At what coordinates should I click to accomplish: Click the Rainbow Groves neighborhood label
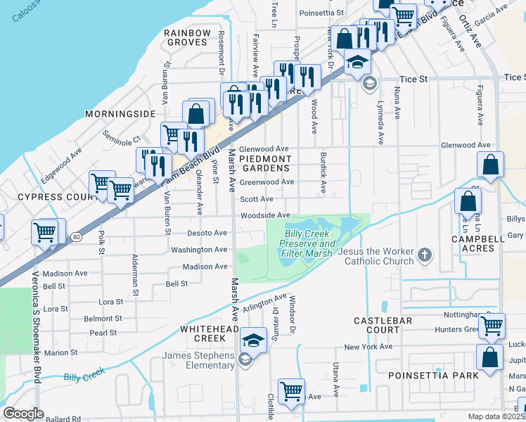coord(187,37)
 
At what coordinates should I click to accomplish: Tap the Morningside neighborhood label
coord(120,113)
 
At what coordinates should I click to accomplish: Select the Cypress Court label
coord(46,198)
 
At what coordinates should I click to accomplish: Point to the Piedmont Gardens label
coord(264,164)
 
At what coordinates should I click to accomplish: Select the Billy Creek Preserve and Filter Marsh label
coord(310,243)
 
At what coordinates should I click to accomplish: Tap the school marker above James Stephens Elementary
coord(253,342)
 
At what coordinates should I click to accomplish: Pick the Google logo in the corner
coord(23,414)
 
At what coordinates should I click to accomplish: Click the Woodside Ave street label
coord(264,215)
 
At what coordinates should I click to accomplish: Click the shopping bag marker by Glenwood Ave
coord(490,165)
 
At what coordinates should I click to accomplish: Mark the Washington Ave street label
coord(199,250)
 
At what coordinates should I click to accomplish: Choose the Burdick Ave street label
coord(323,172)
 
